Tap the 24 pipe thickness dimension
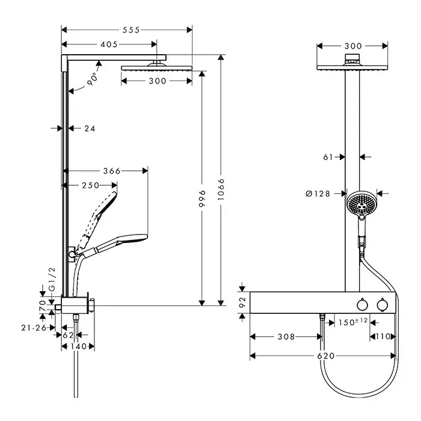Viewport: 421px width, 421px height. pos(90,128)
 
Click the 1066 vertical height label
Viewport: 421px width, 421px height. pos(221,192)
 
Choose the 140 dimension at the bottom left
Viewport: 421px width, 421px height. pos(79,346)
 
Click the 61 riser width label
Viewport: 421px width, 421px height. pos(328,157)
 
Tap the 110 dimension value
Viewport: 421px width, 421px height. pos(383,337)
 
